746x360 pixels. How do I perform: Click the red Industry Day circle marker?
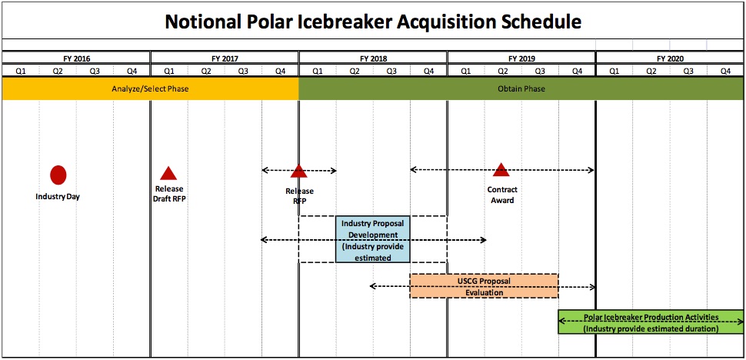coord(58,175)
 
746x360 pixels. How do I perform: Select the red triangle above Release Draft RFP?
coord(168,174)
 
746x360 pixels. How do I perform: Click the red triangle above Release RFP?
coord(299,172)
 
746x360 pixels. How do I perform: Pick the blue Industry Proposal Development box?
coord(372,239)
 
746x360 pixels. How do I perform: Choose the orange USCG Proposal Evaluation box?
coord(484,286)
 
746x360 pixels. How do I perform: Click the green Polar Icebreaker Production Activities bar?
coord(651,322)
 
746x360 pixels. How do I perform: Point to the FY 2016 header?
coord(76,58)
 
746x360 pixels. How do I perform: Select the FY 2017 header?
coord(225,58)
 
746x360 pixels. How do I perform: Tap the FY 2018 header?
coord(373,58)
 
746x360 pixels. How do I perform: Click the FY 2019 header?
coord(521,58)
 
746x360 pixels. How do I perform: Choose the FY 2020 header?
coord(670,58)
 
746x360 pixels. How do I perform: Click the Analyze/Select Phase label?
coord(150,89)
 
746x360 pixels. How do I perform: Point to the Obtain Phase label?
coord(521,89)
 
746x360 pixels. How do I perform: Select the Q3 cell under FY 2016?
coord(95,71)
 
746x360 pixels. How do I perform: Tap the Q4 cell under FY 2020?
coord(725,71)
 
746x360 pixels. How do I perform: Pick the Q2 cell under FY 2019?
coord(503,71)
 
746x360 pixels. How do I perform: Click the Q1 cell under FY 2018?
coord(317,71)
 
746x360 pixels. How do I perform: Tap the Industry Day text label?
coord(58,197)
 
